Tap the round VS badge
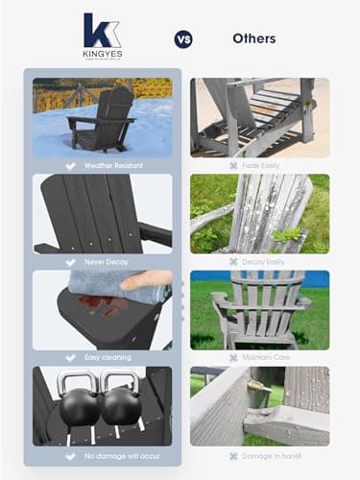point(182,39)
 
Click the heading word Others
point(253,39)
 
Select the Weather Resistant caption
point(108,165)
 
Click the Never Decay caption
point(107,261)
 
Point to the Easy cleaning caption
point(107,357)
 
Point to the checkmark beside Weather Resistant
point(69,165)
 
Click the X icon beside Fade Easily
point(232,165)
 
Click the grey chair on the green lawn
point(254,309)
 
